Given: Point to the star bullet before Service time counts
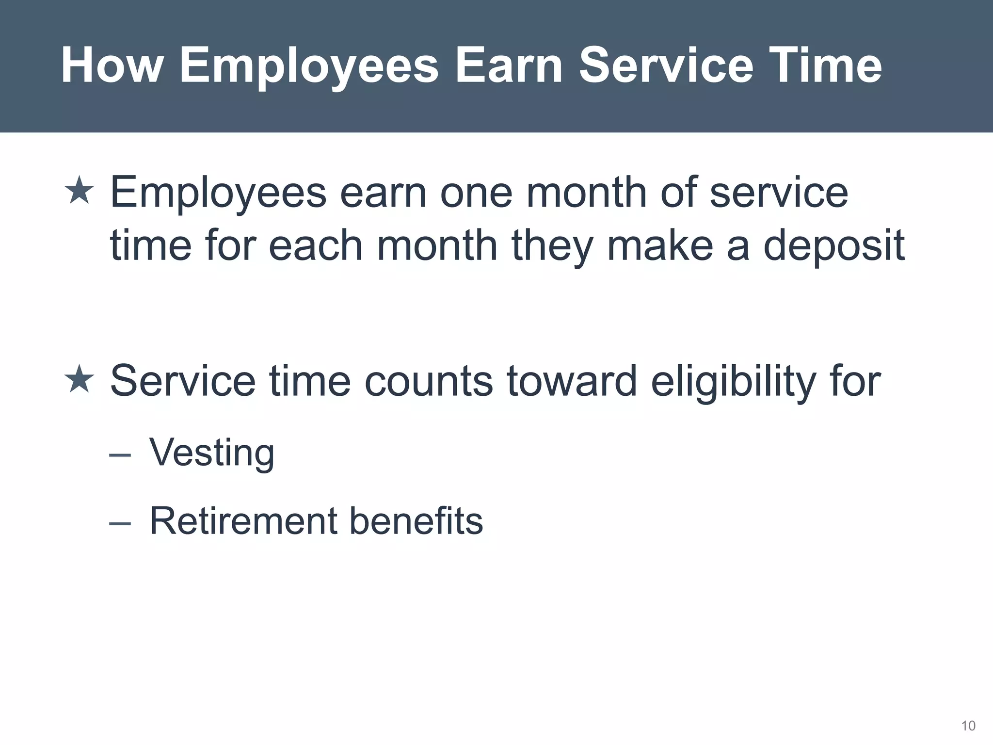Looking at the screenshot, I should point(79,380).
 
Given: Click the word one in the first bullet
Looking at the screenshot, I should point(476,193).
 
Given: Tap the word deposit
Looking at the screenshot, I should point(833,246).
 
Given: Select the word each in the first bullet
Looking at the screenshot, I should point(315,245).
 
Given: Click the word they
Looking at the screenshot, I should point(552,246).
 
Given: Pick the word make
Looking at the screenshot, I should point(660,245).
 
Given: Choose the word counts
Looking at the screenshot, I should point(429,381).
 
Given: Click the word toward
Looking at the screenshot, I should point(572,381).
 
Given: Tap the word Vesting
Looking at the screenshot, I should point(212,453).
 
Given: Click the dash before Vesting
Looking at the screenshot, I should point(120,456).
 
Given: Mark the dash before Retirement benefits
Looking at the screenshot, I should point(120,524).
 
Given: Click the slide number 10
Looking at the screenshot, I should point(968,726).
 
